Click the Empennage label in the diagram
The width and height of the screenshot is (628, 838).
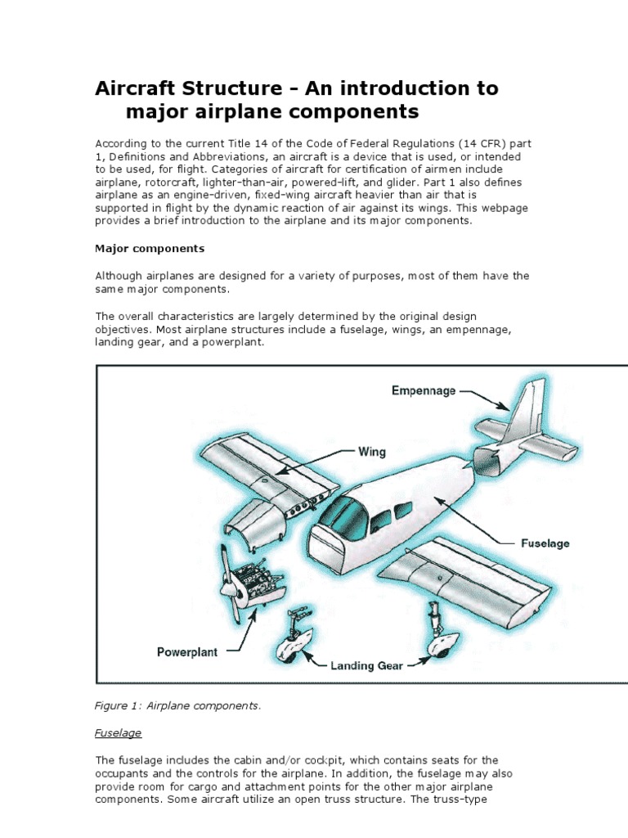coord(424,391)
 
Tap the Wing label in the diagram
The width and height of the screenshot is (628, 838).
coord(372,451)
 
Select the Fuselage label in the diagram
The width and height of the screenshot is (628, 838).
coord(545,543)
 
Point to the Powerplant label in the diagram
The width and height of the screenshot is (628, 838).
coord(187,652)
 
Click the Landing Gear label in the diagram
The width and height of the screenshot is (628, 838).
coord(366,665)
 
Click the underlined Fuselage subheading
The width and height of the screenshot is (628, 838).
coord(119,732)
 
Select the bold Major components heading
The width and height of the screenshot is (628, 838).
coord(150,248)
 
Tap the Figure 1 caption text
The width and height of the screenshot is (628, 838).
coord(178,705)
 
